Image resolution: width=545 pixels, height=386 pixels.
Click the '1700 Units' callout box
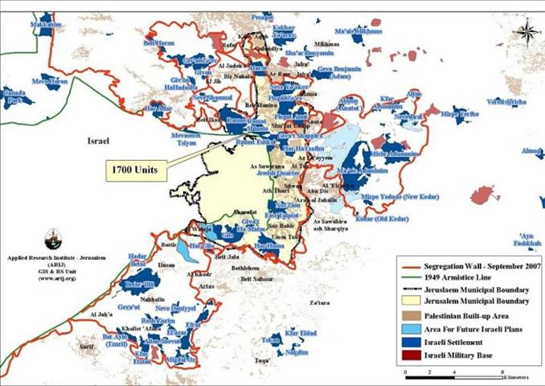[135, 170]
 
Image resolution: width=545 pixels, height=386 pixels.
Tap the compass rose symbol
[527, 32]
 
